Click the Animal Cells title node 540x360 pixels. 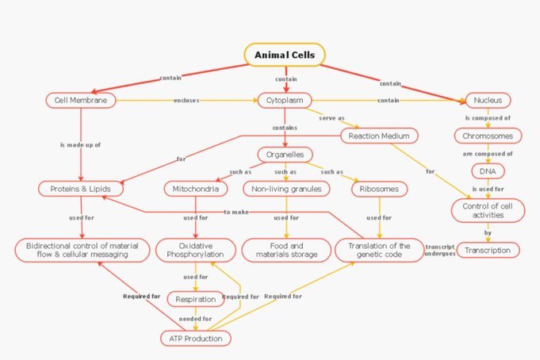click(x=285, y=55)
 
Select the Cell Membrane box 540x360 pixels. click(x=81, y=100)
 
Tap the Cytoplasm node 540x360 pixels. click(x=285, y=100)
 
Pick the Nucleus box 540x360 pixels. click(x=488, y=100)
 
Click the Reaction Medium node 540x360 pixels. click(x=379, y=136)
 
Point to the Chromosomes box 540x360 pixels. click(x=488, y=136)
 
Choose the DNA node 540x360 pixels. click(x=488, y=171)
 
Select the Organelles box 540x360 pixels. click(x=285, y=155)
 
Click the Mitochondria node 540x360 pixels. click(x=196, y=189)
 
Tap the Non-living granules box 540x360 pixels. click(x=286, y=189)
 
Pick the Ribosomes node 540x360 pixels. click(x=380, y=189)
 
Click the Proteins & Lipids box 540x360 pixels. click(x=81, y=189)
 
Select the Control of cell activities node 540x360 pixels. click(x=488, y=210)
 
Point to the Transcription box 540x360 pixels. click(x=488, y=250)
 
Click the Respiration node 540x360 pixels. click(x=196, y=299)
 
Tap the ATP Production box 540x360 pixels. click(x=196, y=339)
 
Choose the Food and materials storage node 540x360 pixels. click(x=286, y=250)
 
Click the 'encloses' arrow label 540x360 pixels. click(x=186, y=100)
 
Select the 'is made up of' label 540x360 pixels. click(x=81, y=145)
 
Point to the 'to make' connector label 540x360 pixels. click(x=236, y=212)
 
